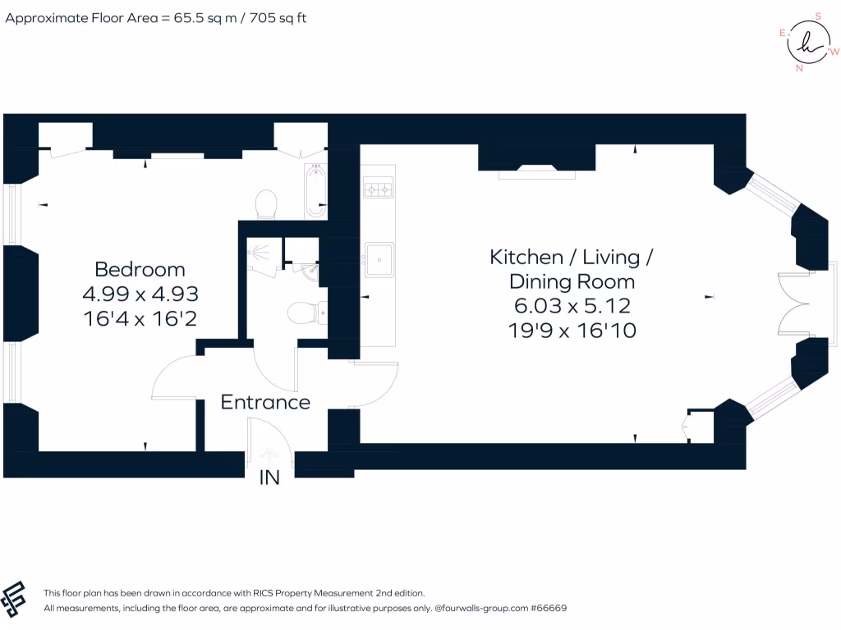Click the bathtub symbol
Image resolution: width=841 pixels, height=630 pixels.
[315, 191]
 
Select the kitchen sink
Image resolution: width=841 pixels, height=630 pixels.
[379, 260]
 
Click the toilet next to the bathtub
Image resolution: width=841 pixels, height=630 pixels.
[267, 205]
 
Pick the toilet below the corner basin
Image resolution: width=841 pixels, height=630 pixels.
[305, 311]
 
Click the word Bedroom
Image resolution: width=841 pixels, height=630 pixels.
[140, 269]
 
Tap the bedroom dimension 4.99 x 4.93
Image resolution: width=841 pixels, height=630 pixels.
[140, 294]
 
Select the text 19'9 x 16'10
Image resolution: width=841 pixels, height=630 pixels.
[572, 331]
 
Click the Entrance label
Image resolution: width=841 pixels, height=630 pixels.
[265, 402]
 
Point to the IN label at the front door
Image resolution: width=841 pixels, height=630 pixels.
[269, 477]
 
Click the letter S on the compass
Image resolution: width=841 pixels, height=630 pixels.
[817, 15]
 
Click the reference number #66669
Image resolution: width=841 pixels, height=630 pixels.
[549, 609]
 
